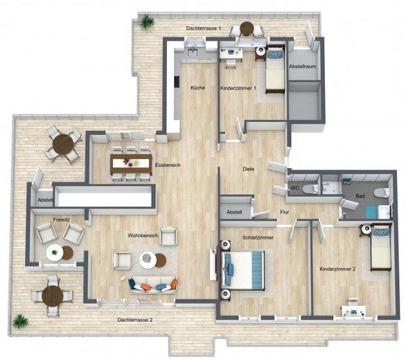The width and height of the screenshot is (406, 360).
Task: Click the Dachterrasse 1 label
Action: [x=204, y=28]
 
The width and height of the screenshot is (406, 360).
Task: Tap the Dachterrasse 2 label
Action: [x=135, y=320]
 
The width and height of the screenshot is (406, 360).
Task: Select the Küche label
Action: [x=197, y=88]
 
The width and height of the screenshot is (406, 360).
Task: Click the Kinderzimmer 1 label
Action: [x=238, y=89]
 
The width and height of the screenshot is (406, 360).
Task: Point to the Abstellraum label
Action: [x=302, y=66]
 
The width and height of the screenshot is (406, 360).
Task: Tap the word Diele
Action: [x=248, y=168]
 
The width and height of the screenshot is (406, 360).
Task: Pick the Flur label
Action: [x=284, y=213]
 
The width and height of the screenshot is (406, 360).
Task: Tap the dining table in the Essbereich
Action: [x=131, y=163]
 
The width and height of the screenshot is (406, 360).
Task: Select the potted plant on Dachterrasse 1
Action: [x=147, y=22]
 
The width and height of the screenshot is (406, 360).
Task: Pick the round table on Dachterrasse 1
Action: [x=247, y=29]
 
